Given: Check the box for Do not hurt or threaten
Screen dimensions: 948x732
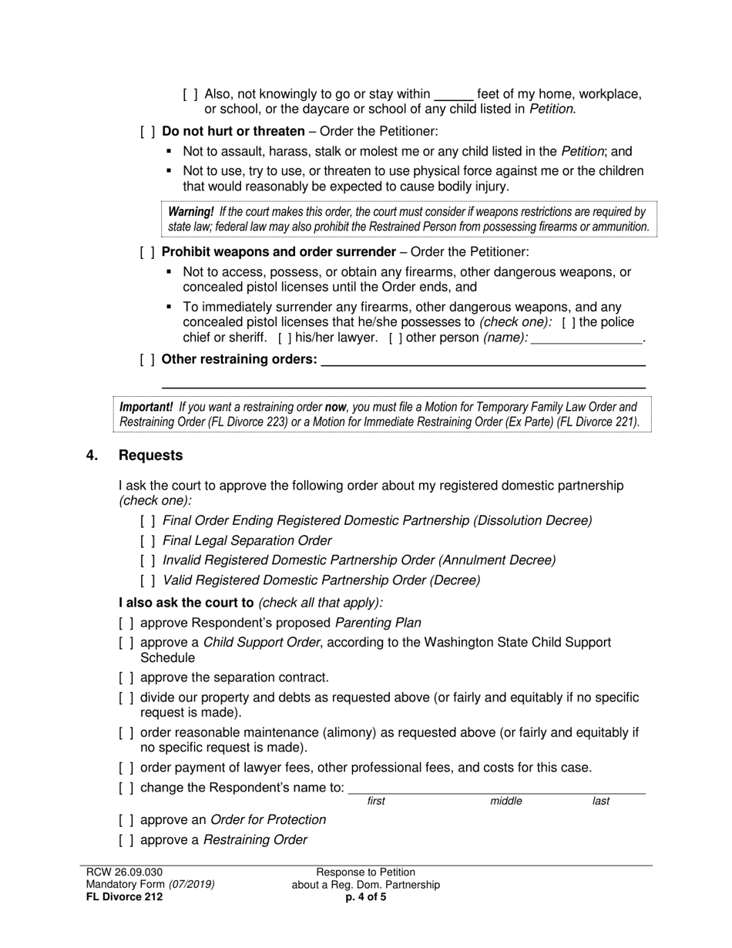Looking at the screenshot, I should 147,132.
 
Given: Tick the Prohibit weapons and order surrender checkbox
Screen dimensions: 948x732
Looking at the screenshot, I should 147,252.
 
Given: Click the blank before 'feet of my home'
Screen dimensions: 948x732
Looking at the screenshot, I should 454,94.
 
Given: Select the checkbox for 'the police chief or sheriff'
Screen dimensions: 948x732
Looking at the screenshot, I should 567,322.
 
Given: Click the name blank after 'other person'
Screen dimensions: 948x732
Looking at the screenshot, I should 586,338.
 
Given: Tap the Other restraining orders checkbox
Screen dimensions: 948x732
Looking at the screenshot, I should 147,359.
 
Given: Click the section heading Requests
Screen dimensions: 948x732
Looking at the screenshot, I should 150,456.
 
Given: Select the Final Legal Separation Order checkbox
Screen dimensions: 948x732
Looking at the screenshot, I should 147,541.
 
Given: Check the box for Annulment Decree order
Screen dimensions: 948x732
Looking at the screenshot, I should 147,560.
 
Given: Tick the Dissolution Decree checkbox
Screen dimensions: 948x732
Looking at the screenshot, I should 147,521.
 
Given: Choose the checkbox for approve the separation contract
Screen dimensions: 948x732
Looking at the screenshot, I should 126,678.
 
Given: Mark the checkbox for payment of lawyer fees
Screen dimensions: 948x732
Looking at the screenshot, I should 126,768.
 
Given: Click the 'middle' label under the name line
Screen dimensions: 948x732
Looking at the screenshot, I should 506,802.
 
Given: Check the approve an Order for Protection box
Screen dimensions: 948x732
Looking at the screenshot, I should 126,820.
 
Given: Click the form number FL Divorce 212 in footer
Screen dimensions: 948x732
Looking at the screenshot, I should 124,897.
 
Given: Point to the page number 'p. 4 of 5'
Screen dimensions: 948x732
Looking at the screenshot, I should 366,897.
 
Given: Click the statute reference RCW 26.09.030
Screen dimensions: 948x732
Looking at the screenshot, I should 124,872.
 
